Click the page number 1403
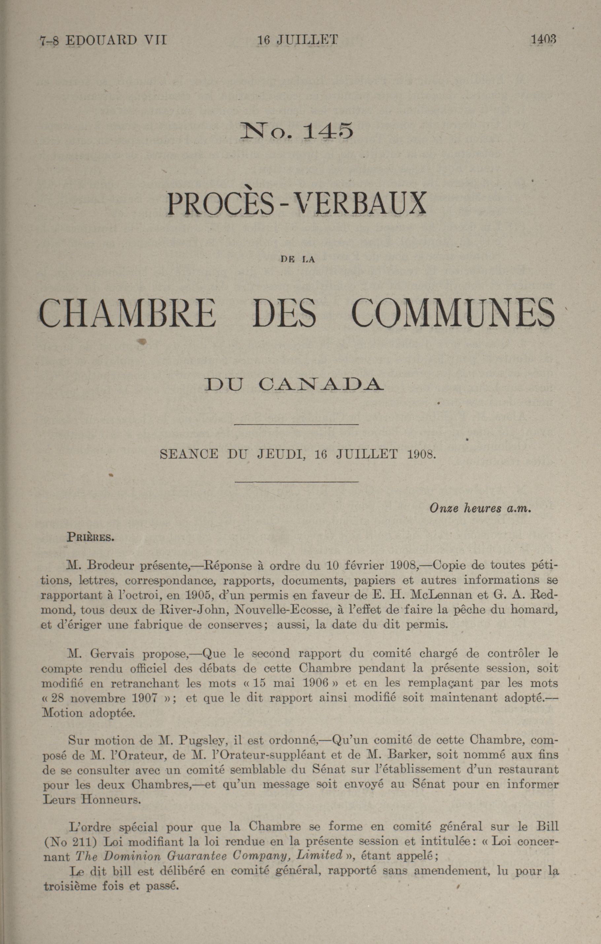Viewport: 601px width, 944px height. pos(543,39)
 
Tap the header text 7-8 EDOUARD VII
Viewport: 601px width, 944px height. pos(103,40)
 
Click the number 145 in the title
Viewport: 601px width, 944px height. pos(328,131)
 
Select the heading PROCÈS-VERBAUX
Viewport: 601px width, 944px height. pos(297,203)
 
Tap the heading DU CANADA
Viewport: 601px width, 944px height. pos(294,384)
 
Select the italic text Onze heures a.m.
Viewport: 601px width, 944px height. pos(480,508)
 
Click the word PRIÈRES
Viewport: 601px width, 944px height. pos(90,537)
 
